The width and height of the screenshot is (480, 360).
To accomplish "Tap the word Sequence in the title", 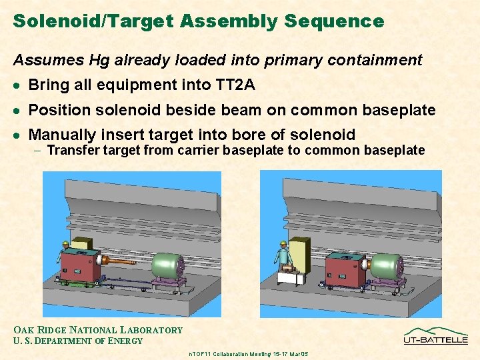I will [334, 21].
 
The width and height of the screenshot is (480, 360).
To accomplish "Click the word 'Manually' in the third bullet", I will [62, 135].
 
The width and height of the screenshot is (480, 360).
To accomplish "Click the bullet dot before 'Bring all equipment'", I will [17, 85].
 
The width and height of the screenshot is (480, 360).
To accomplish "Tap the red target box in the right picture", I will [344, 271].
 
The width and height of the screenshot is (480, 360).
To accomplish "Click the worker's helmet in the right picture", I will [283, 244].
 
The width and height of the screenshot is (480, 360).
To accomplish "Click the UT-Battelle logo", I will [435, 335].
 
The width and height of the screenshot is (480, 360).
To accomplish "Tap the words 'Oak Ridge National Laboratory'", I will [98, 330].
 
